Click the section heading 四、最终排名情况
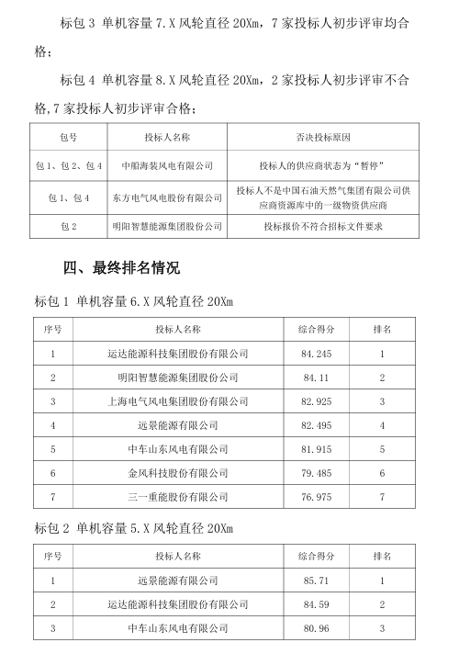point(122,268)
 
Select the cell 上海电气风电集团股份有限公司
point(178,401)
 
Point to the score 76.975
point(316,497)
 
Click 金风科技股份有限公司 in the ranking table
point(178,473)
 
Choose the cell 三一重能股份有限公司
point(178,497)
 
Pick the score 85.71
point(316,580)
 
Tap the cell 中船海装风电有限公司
point(167,166)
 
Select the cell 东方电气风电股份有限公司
point(167,197)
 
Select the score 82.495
point(316,425)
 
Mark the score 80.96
point(316,628)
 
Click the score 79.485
point(316,473)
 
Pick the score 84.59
point(316,604)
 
